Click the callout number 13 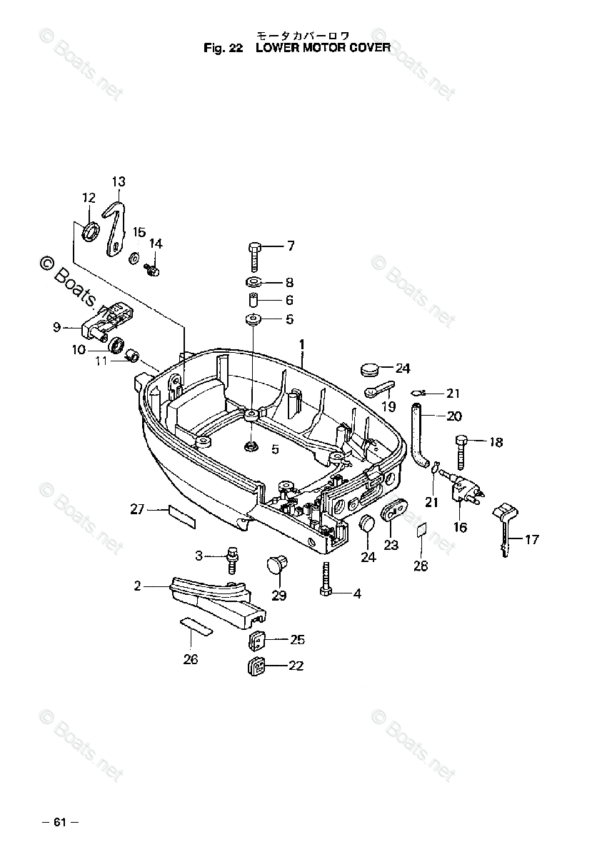coord(118,181)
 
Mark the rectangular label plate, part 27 coord(181,515)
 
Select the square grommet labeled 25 coord(258,640)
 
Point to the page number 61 coord(59,822)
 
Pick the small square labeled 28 coord(421,530)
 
